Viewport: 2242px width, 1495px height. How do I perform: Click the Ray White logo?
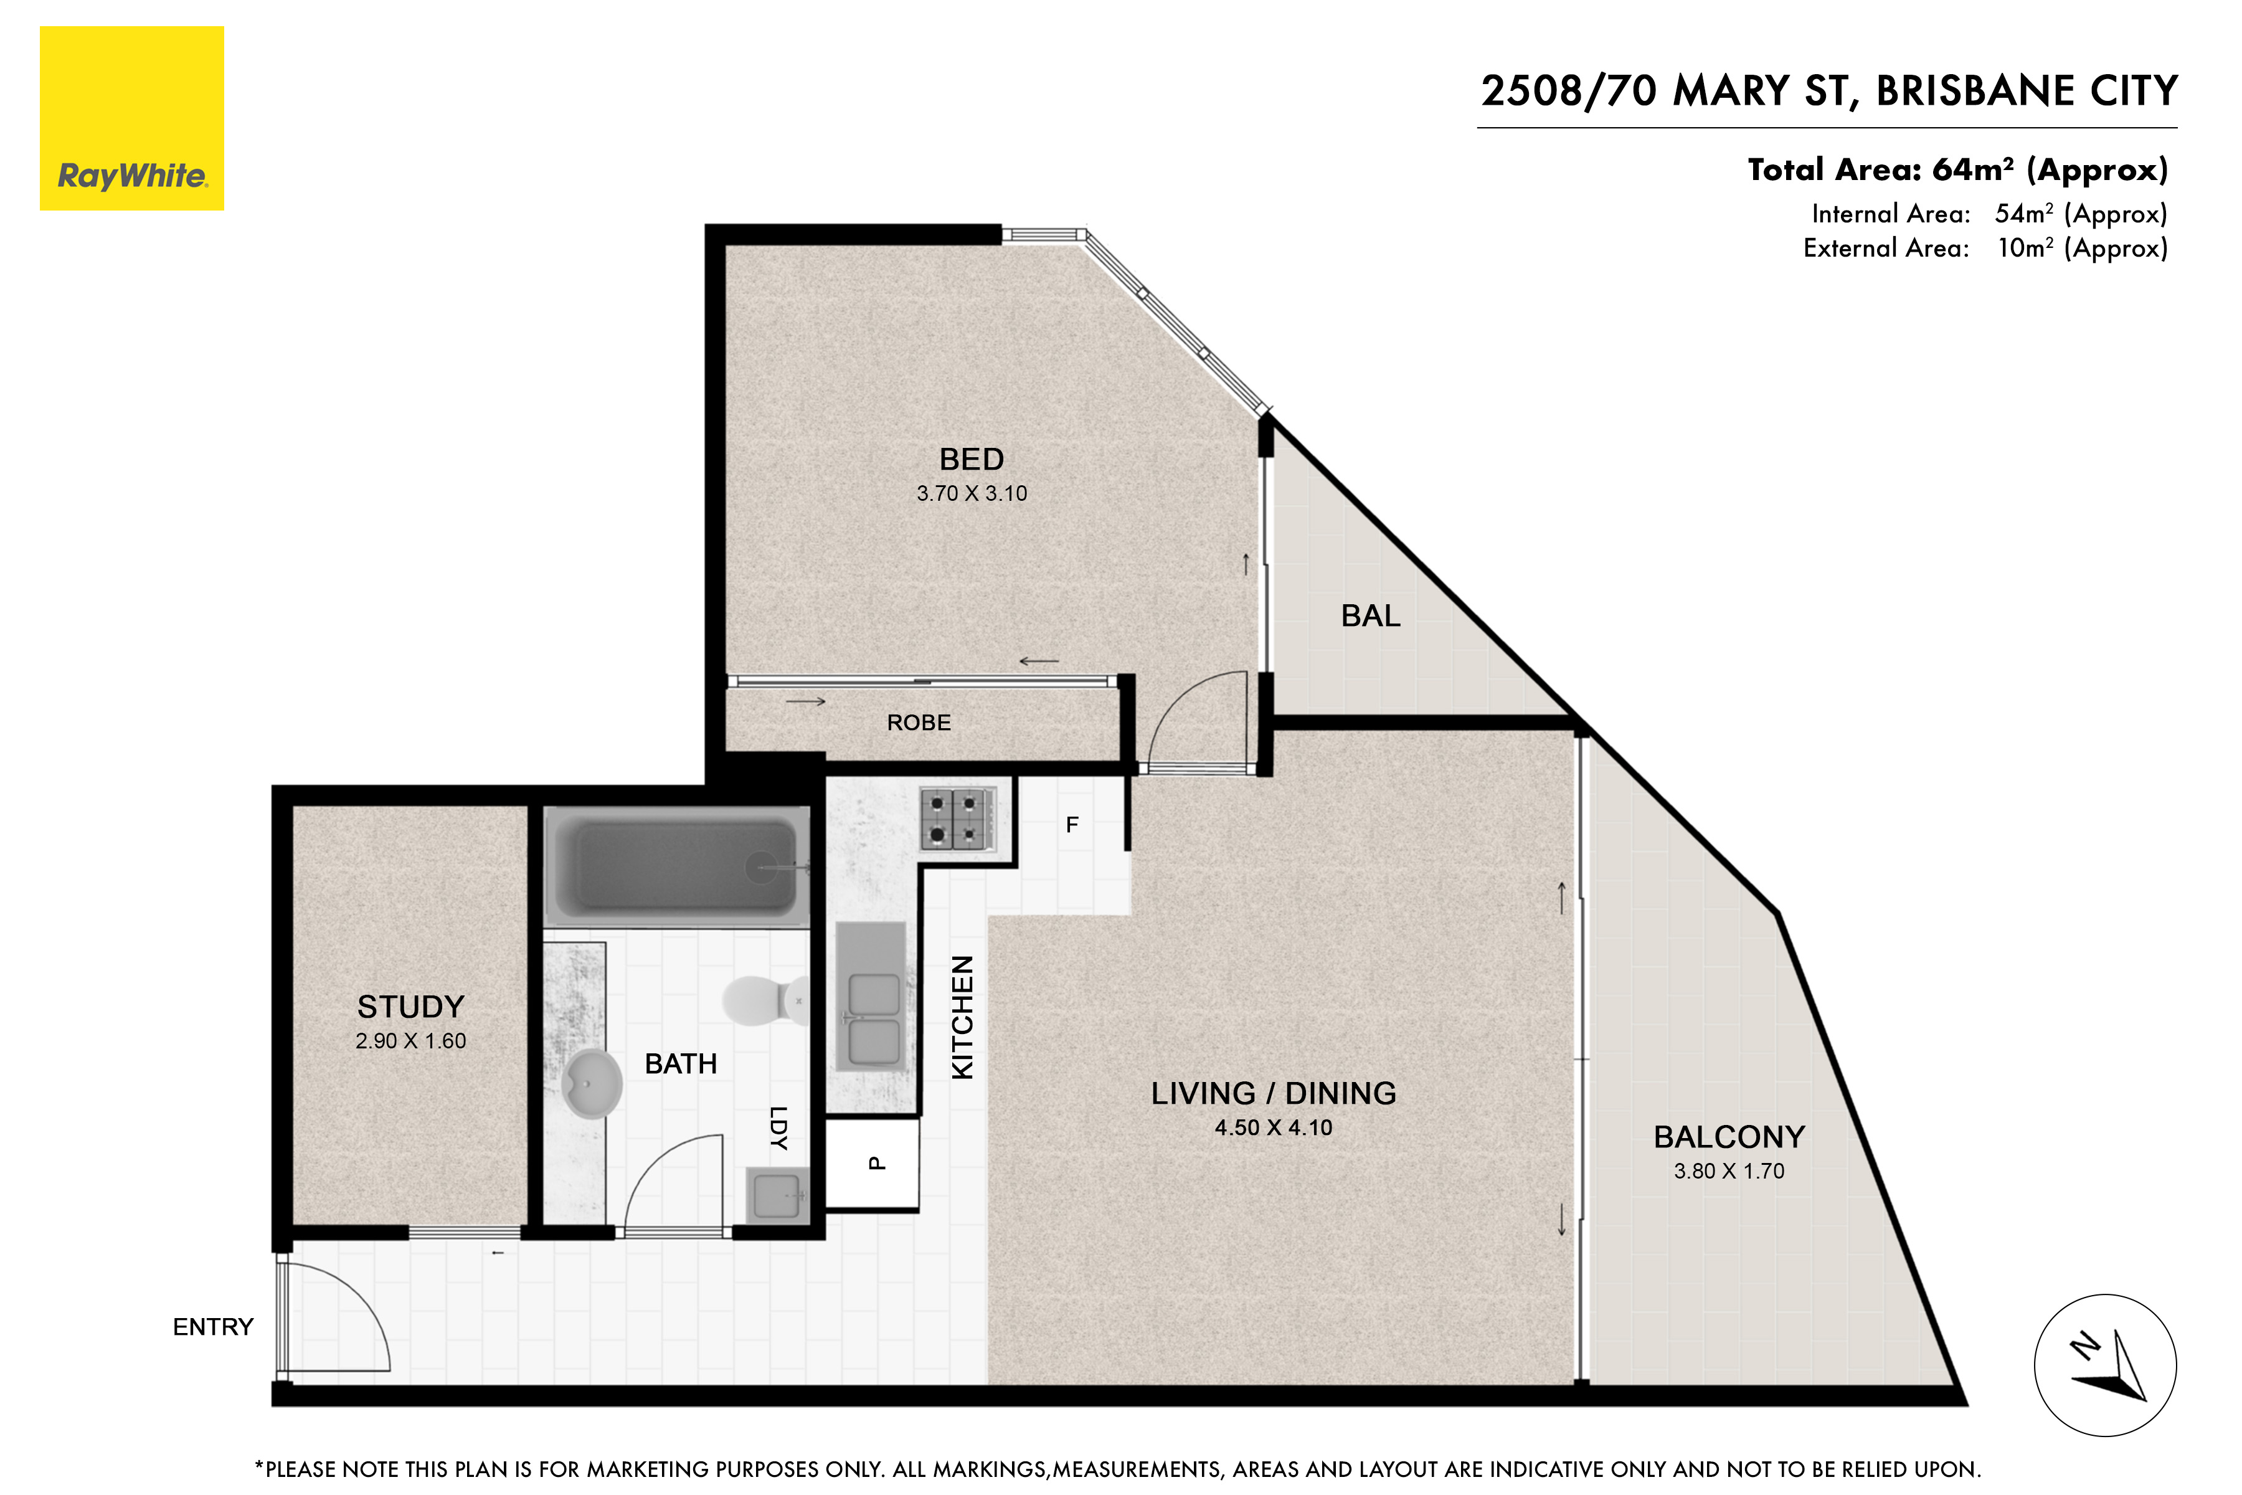coord(131,118)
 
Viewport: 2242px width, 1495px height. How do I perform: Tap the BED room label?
coord(972,460)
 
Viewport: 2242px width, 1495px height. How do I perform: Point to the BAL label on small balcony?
coord(1369,616)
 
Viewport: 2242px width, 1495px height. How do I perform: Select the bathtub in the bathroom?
coord(678,866)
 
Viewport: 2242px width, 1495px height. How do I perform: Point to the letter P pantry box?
coord(874,1163)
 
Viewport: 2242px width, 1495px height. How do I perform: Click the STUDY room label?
coord(411,1007)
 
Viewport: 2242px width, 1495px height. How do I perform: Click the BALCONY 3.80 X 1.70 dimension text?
coord(1728,1172)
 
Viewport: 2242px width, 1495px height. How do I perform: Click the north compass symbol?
coord(2105,1365)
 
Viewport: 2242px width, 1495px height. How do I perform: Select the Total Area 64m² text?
coord(1956,169)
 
